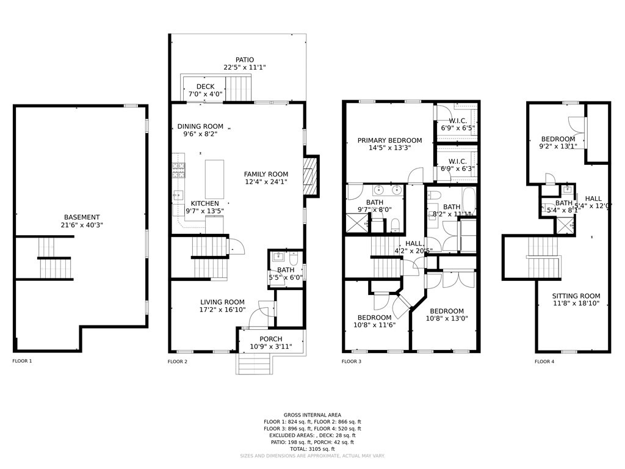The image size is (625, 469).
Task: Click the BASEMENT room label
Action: (82, 217)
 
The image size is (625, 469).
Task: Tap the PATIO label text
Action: (245, 60)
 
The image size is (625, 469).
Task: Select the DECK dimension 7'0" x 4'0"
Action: (205, 95)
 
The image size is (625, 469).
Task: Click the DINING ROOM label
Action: (200, 126)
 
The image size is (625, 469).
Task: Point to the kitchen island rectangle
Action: (215, 179)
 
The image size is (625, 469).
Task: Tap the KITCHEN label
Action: (204, 203)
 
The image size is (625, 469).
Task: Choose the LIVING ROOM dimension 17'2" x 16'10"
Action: (222, 310)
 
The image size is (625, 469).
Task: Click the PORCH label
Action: (271, 339)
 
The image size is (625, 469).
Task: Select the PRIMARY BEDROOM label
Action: (389, 140)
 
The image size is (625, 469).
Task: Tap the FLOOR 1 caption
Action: (22, 361)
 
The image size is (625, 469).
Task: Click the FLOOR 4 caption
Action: (544, 362)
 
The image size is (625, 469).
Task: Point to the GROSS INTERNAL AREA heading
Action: (312, 415)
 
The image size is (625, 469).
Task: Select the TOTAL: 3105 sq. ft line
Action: (312, 449)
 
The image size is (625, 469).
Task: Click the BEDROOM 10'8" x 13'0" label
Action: (444, 311)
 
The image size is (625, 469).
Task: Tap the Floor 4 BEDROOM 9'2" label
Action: (557, 139)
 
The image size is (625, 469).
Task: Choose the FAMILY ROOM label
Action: (266, 174)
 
